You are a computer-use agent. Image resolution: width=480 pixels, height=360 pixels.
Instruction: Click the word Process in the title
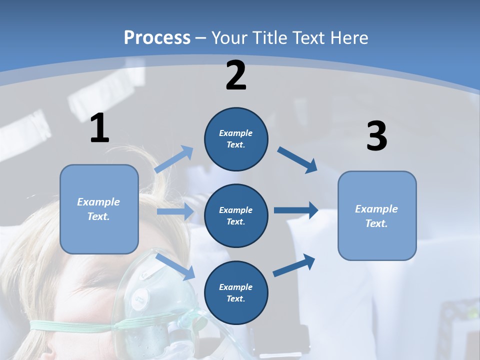(x=157, y=38)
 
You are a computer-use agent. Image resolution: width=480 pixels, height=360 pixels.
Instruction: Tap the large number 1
(x=99, y=128)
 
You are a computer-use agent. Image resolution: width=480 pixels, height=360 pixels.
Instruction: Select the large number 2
(x=236, y=75)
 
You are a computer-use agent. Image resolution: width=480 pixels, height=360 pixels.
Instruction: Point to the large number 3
(x=376, y=136)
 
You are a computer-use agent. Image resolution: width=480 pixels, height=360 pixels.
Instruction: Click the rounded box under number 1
(x=99, y=209)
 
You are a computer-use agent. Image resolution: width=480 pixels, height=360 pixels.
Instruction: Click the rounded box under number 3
(x=377, y=215)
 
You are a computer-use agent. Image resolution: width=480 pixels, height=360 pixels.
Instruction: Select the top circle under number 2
(x=236, y=139)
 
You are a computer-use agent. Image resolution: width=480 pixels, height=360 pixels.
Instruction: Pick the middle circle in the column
(x=236, y=215)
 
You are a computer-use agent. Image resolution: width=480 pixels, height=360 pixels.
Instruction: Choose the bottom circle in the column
(x=236, y=292)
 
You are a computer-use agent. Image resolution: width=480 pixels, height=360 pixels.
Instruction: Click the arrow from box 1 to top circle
(x=174, y=159)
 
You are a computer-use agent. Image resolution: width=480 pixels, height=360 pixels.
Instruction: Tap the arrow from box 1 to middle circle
(x=175, y=211)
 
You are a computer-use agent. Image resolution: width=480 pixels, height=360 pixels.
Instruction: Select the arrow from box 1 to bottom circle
(x=175, y=266)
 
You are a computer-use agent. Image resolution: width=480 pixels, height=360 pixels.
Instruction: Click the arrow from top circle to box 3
(x=297, y=159)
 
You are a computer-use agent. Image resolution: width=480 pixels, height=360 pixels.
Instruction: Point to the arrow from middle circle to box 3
(x=296, y=210)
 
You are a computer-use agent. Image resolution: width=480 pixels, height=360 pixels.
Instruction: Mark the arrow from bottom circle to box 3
(x=294, y=265)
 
